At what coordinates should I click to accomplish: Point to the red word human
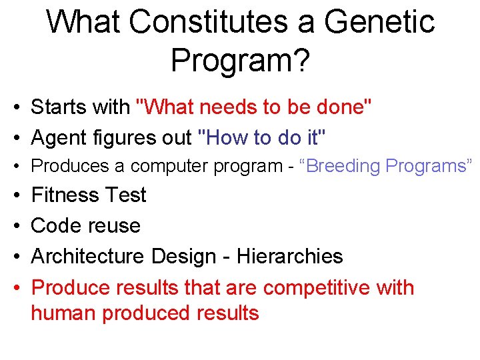63,313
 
